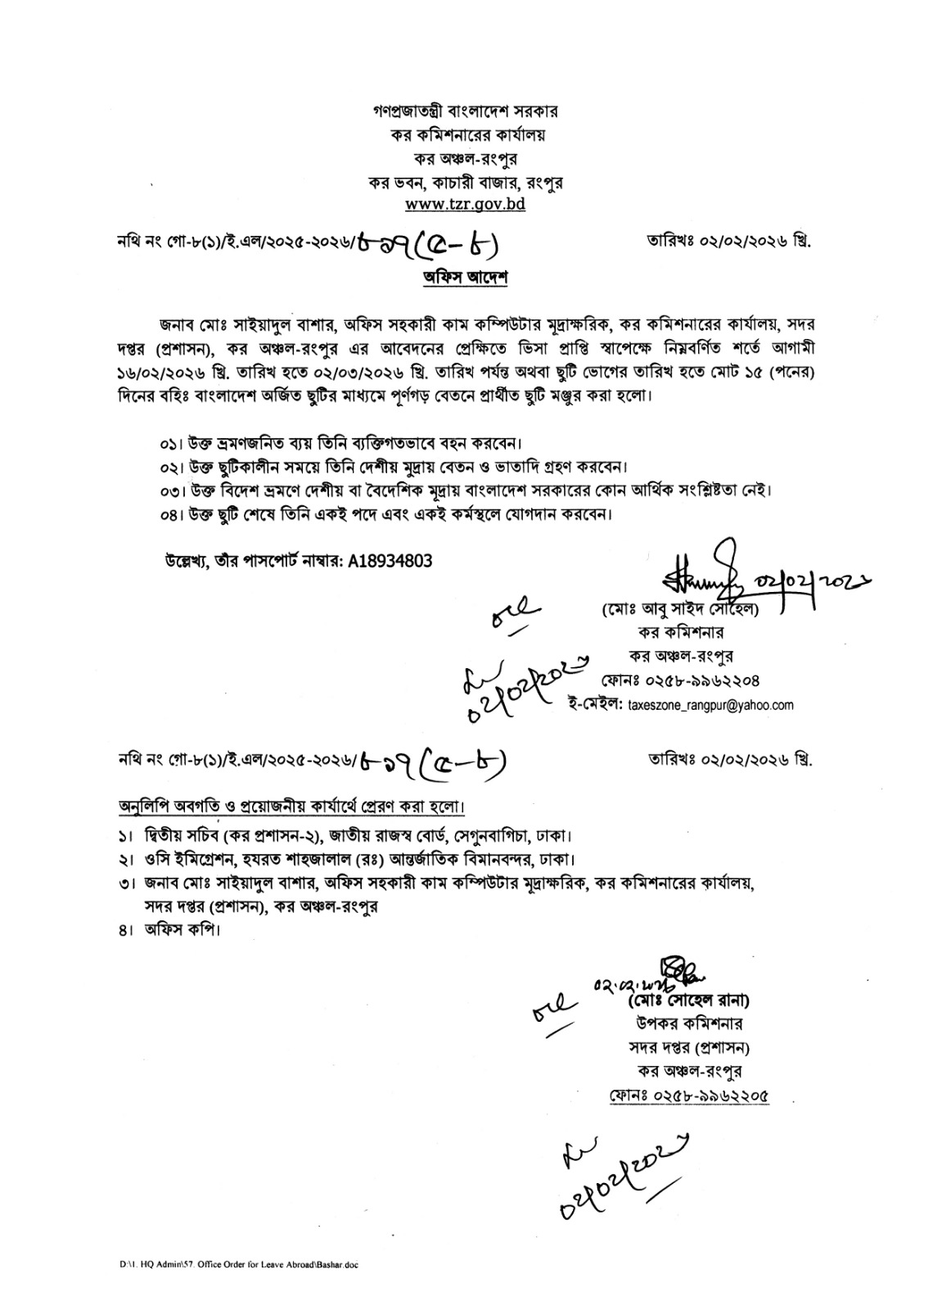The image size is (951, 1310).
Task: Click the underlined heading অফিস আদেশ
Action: pos(465,278)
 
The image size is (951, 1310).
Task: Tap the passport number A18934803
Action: pos(390,561)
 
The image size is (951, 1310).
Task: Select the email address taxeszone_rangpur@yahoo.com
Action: pos(710,705)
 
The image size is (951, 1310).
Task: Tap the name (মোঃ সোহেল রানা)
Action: pos(688,1001)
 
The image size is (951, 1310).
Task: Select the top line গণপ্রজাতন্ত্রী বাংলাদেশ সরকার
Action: pos(465,111)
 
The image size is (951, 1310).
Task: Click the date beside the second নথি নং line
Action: pos(730,760)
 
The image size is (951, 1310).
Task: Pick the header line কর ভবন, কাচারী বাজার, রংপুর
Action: pos(465,181)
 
